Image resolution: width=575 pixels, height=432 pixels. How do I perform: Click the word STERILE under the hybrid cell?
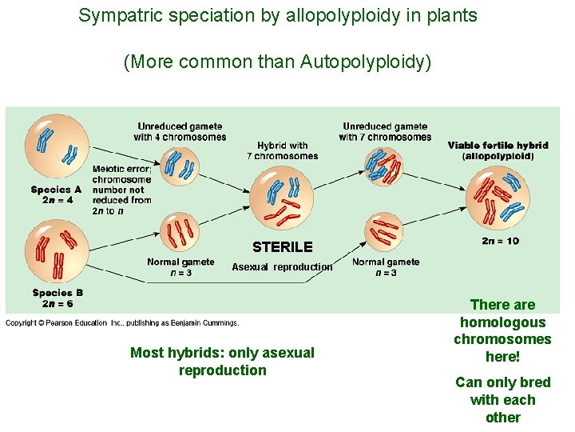click(x=283, y=247)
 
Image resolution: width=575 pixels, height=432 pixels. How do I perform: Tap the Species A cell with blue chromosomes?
click(x=54, y=144)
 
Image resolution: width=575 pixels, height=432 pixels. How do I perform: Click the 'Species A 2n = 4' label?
click(x=52, y=194)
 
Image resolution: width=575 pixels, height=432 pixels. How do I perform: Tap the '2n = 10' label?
click(x=501, y=241)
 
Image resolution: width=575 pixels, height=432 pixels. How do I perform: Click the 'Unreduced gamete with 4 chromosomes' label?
click(x=180, y=131)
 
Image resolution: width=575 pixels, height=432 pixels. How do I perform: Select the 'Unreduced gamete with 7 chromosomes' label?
click(x=385, y=131)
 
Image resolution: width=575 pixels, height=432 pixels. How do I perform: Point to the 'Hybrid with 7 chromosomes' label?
click(x=283, y=150)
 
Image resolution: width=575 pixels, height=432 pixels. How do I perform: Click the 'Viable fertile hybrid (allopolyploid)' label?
click(x=498, y=150)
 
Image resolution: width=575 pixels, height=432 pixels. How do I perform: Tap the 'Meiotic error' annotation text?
click(x=121, y=190)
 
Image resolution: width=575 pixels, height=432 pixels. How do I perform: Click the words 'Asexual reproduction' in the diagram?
click(x=282, y=267)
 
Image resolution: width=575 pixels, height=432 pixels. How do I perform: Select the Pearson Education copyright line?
click(x=122, y=323)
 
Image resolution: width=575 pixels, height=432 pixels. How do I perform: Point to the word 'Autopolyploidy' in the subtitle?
click(x=366, y=62)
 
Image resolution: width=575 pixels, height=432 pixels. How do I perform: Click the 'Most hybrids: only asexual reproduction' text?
click(x=222, y=362)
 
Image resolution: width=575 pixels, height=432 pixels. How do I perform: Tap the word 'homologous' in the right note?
click(x=502, y=322)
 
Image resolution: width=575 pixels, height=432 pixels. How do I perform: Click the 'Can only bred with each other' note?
click(x=502, y=400)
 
